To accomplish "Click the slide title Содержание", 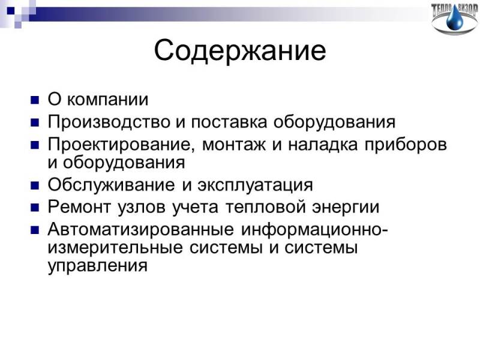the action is click(240, 50).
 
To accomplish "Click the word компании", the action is click(107, 100).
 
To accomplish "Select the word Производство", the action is click(109, 122).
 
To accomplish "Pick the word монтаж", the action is click(234, 145).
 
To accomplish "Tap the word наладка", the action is click(323, 145).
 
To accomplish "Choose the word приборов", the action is click(406, 145).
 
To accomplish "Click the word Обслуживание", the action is click(112, 185).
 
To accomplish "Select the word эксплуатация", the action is click(256, 185).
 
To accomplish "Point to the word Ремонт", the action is click(79, 207).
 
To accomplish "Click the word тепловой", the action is click(265, 207).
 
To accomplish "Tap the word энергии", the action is click(346, 208).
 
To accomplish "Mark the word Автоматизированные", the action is click(141, 229).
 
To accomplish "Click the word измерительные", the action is click(115, 247).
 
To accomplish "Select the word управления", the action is click(98, 266).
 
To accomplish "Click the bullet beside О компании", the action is click(35, 100).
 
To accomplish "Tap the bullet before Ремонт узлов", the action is click(35, 208).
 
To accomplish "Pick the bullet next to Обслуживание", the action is click(35, 185).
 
